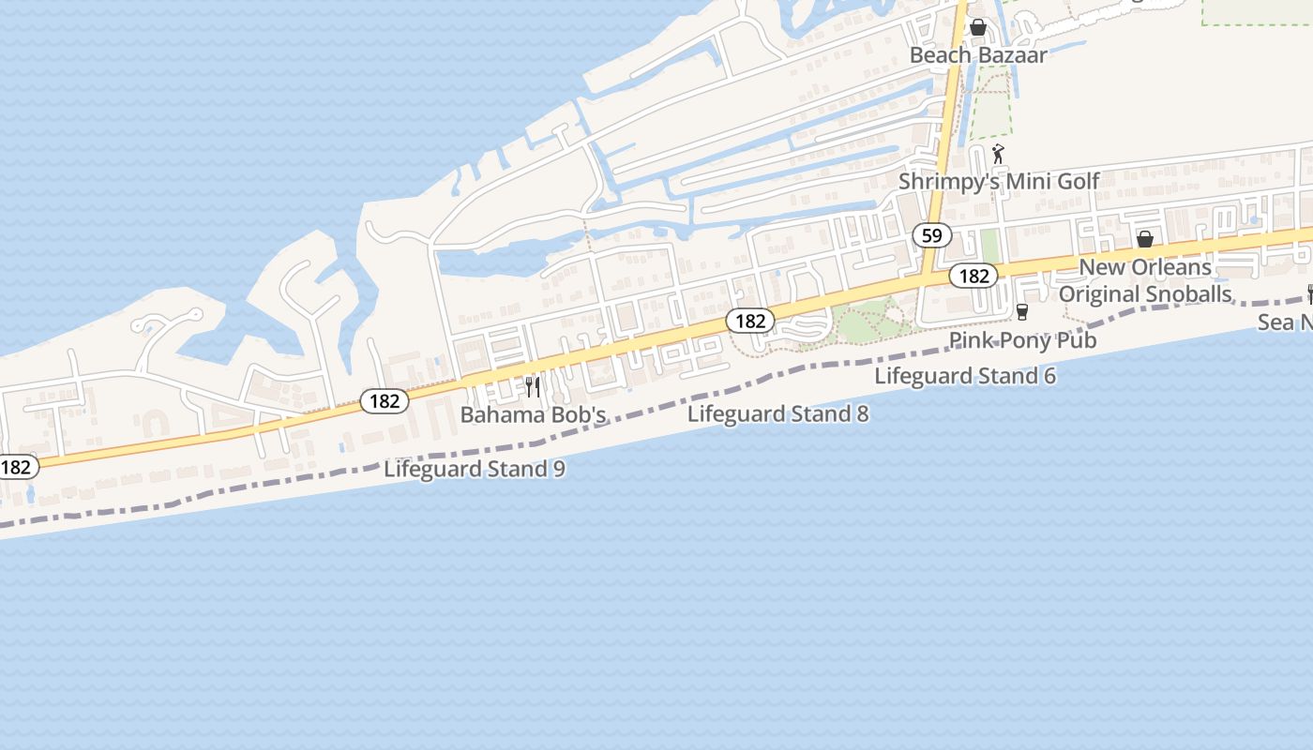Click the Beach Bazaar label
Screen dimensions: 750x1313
tap(978, 54)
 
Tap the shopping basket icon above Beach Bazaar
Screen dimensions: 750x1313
tap(978, 27)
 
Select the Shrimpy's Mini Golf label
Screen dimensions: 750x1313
tap(999, 181)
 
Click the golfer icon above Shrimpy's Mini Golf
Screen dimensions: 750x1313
tap(998, 154)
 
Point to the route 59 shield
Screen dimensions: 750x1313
tap(931, 236)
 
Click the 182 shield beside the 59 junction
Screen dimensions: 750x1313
tap(973, 276)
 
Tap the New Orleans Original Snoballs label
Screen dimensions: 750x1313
tap(1144, 280)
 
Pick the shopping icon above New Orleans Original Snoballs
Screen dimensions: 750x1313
tap(1144, 239)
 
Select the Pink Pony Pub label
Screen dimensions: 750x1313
tap(1022, 339)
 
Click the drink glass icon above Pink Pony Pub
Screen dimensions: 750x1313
tap(1022, 312)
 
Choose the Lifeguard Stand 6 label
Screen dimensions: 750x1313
tap(965, 376)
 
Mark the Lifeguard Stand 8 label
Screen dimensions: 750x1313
tap(777, 413)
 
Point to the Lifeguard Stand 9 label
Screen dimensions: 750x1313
tap(475, 469)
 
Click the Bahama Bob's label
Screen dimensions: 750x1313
tap(533, 414)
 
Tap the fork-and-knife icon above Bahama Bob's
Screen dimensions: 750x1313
tap(533, 387)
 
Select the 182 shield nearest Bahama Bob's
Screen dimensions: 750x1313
tap(385, 401)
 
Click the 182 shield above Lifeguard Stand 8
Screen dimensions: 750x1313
tap(750, 322)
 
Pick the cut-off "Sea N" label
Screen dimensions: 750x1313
tap(1285, 322)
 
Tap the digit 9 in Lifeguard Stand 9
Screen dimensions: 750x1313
tap(559, 469)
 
